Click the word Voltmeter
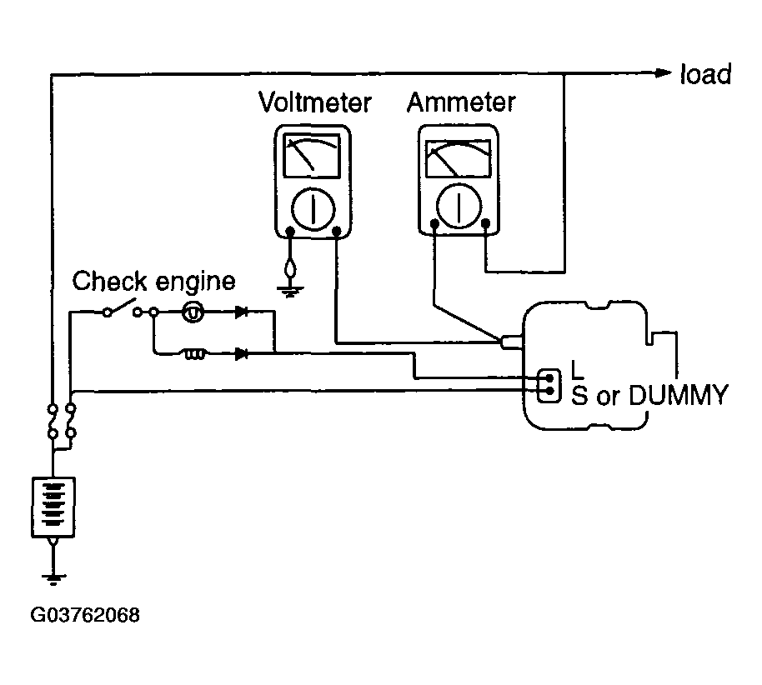coord(315,102)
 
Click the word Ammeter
coord(461,102)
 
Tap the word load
coord(705,74)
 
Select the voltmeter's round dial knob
coord(313,209)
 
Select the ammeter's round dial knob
coord(459,205)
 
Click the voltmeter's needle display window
coord(312,156)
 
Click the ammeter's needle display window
coord(458,158)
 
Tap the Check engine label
coord(153,282)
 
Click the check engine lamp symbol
coord(193,312)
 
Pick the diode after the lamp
coord(242,312)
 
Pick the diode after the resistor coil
coord(242,353)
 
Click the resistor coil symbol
coord(195,354)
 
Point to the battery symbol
coord(53,507)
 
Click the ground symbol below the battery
coord(53,578)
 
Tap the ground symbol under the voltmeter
coord(290,291)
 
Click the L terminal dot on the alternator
coord(549,377)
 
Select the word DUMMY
coord(679,395)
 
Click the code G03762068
coord(85,615)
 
